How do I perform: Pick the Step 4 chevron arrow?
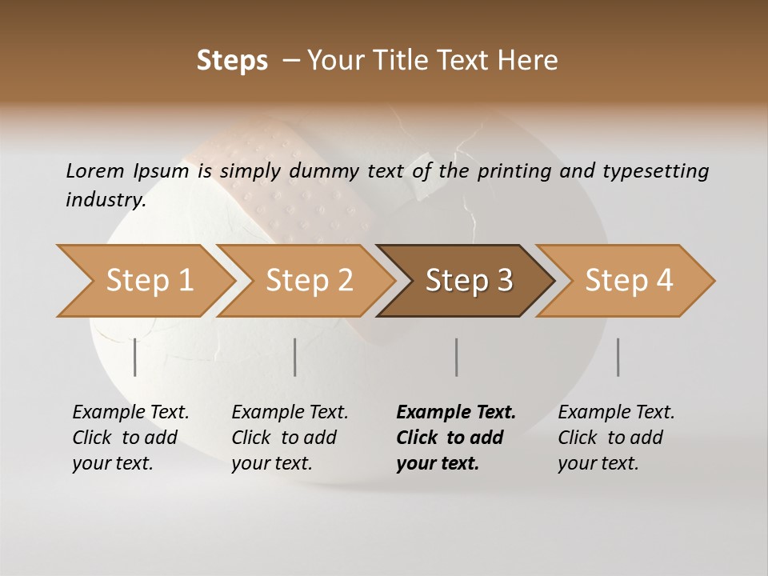coord(628,281)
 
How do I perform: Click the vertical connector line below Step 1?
coord(135,357)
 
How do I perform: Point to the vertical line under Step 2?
coord(295,357)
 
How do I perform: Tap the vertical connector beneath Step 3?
coord(456,357)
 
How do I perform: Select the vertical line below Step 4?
coord(618,357)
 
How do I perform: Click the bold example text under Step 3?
coord(456,438)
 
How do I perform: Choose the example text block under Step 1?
coord(130,438)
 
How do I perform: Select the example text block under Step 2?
coord(290,438)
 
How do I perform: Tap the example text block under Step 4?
coord(616,438)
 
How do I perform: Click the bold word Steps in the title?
coord(232,61)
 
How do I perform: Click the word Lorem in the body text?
coord(94,170)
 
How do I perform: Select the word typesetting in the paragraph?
coord(657,170)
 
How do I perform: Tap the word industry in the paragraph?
coord(106,200)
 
